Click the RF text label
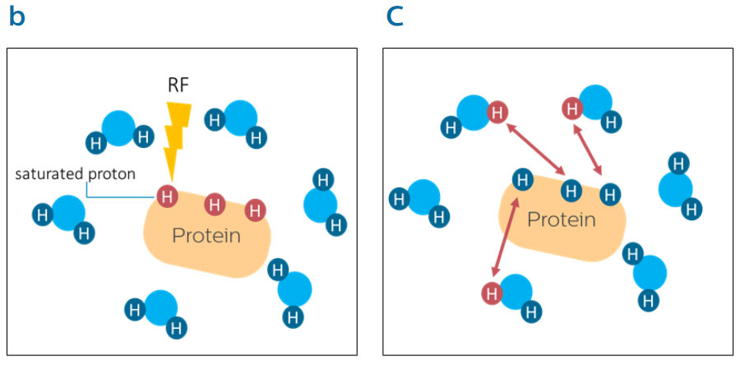click(x=178, y=84)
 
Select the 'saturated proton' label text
click(x=75, y=174)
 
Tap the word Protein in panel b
click(x=206, y=236)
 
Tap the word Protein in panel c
click(x=561, y=220)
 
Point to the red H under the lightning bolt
click(x=168, y=196)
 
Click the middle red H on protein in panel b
click(x=215, y=203)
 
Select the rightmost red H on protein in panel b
click(x=256, y=209)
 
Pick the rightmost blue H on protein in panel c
click(x=609, y=194)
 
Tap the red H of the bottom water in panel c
click(x=492, y=293)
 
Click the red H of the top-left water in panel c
click(x=497, y=113)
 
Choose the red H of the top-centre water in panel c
click(x=571, y=107)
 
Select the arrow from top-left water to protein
click(x=534, y=148)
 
